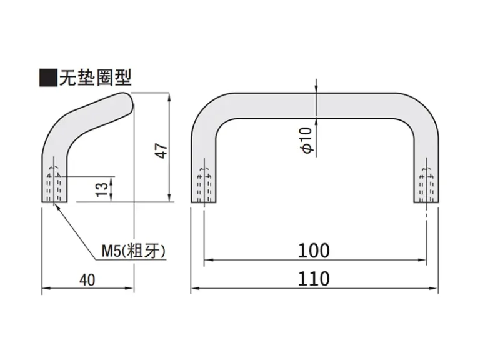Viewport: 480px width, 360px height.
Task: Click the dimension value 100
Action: tap(314, 251)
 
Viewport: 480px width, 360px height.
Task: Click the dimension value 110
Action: tap(314, 279)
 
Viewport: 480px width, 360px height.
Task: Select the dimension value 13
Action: tap(102, 190)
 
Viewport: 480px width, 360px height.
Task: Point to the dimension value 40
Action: tap(87, 280)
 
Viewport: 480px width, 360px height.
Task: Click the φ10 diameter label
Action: tap(306, 140)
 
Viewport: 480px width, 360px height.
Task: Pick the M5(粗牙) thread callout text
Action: tap(133, 251)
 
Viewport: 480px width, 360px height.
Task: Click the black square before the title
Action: tap(48, 78)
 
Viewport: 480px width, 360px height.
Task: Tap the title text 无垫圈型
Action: tap(95, 78)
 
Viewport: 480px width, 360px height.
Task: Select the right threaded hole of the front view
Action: tap(427, 184)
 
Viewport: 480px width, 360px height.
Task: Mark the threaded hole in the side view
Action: tap(54, 184)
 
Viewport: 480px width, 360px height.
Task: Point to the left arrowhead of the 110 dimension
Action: tap(194, 288)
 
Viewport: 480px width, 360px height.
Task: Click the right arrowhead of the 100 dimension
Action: tap(422, 260)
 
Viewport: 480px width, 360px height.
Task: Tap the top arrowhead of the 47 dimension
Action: tap(169, 96)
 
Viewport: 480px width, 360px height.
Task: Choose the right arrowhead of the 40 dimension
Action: tap(131, 288)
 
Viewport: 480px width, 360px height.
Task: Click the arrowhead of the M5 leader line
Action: tap(57, 205)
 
